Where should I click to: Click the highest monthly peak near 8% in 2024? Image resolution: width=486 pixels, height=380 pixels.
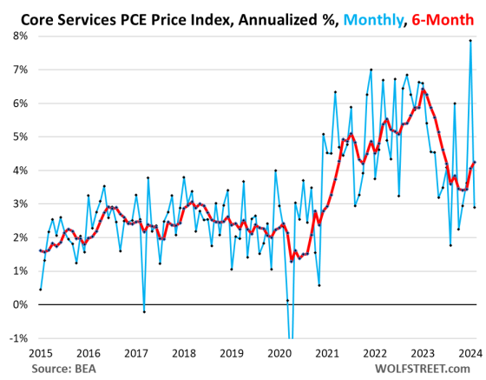pos(470,40)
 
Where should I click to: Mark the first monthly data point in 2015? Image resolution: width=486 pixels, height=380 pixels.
pos(41,289)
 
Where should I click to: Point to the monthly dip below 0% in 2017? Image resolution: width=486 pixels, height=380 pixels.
pos(144,311)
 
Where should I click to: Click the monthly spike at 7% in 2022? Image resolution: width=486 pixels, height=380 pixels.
pos(371,70)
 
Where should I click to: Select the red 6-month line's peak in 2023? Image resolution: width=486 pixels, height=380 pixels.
pos(423,90)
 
